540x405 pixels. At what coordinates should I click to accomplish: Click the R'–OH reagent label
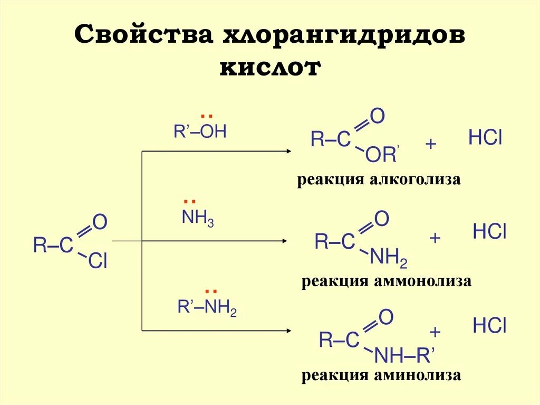[200, 132]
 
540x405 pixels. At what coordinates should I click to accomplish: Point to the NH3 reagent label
[197, 218]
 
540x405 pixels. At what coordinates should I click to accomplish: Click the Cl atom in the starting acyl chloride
[98, 261]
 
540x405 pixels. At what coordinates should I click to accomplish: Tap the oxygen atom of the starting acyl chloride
[100, 222]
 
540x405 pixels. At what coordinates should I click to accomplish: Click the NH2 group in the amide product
[389, 258]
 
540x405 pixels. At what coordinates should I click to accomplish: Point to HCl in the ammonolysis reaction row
[489, 232]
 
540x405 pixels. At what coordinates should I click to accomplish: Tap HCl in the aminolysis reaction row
[489, 326]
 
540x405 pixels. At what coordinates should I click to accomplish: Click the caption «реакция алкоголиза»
[379, 180]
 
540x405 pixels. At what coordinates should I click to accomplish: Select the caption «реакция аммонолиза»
[386, 281]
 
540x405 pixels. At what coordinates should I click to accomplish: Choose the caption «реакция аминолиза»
[381, 375]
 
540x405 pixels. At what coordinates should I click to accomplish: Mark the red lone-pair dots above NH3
[190, 202]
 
